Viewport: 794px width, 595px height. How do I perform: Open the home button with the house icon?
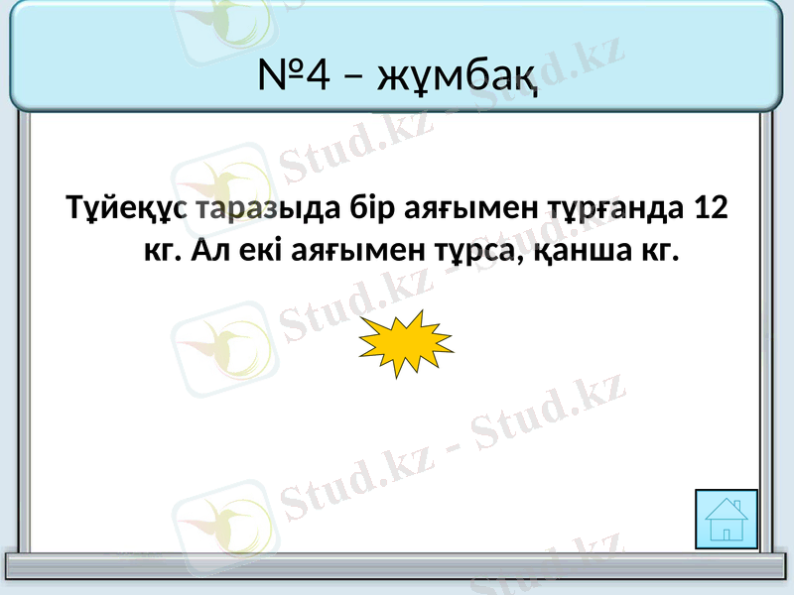tap(728, 519)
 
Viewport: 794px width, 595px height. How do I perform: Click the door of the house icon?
tap(728, 534)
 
